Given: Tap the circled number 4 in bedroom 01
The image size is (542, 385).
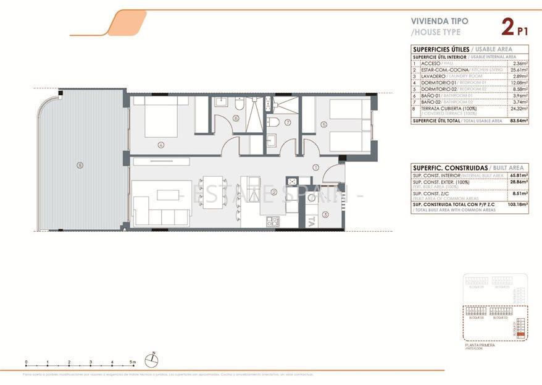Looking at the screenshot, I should point(161,146).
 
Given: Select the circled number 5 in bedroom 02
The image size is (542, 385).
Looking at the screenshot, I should point(323,124).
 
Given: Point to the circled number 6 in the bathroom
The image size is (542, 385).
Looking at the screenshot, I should point(236,119).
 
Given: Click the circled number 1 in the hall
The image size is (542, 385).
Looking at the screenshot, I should point(315,167).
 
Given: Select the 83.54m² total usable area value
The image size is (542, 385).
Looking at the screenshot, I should point(519,121).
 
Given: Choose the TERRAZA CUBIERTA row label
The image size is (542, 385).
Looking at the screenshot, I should point(444,108).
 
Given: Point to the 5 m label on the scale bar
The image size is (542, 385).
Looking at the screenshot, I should point(133,362).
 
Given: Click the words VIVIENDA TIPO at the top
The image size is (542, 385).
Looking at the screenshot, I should point(440,20).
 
